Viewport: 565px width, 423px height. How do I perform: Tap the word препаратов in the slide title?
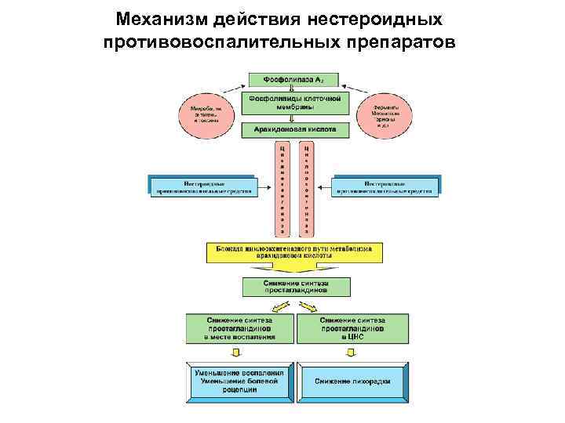(398, 40)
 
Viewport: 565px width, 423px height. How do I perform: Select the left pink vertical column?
(282, 189)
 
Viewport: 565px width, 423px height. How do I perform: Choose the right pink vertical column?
(307, 189)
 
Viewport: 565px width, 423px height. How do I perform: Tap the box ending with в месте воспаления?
(240, 328)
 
